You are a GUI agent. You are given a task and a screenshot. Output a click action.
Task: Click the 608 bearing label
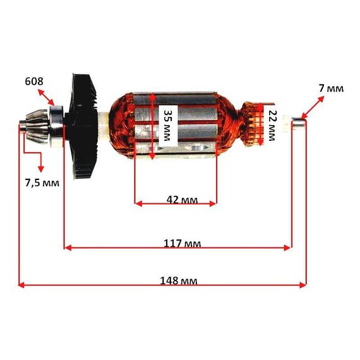[x=34, y=81]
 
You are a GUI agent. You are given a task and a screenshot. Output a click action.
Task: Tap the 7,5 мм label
[x=42, y=183]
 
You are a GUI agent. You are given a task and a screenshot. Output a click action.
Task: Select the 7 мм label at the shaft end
[x=331, y=88]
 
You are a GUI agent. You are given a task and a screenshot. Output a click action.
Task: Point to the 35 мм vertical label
[x=167, y=126]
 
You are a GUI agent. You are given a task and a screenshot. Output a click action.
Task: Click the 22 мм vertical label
[x=272, y=125]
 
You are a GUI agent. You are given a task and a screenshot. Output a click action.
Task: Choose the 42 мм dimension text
[x=182, y=200]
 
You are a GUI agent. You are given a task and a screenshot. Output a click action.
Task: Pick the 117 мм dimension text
[x=182, y=243]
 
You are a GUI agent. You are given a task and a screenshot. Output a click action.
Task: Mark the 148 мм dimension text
[x=178, y=280]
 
